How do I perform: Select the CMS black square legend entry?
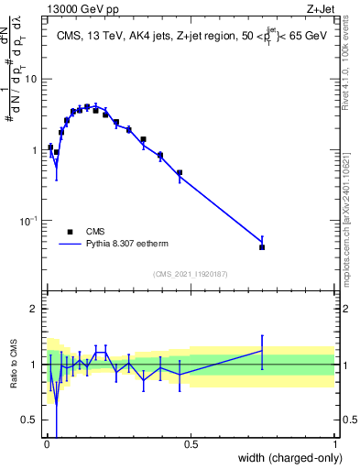coord(71,232)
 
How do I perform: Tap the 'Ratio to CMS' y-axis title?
coord(16,364)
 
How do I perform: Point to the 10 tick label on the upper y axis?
coord(30,79)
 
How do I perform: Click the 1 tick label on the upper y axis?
coord(33,149)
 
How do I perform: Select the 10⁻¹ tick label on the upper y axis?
coord(28,221)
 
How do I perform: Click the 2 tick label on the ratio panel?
coord(33,309)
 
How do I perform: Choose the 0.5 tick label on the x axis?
coord(191,445)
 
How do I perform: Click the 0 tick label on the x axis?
coord(46,445)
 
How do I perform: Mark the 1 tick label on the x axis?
coord(335,445)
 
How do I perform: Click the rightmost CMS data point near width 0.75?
coord(262,247)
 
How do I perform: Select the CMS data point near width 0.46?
coord(180,172)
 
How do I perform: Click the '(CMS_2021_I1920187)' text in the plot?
coord(190,274)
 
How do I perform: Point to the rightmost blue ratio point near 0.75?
coord(262,351)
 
